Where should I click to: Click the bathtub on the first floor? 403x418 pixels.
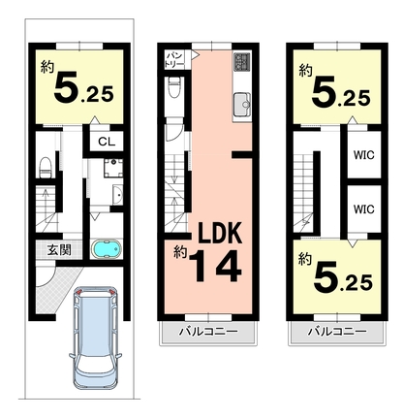point(107,249)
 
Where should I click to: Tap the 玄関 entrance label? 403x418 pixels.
point(59,250)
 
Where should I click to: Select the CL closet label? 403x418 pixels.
point(107,142)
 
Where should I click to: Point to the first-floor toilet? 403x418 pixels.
point(46,167)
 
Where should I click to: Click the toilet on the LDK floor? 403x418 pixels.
point(174,87)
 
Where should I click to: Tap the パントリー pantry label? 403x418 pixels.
point(174,59)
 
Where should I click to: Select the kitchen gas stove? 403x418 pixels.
point(242,61)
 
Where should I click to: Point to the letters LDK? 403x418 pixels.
point(220,234)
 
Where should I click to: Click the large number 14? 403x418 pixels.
point(215,266)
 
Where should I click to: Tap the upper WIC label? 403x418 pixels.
point(364,155)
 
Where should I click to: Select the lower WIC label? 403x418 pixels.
point(364,209)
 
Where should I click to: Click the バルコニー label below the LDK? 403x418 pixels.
point(209,332)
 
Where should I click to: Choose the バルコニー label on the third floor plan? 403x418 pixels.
point(337,332)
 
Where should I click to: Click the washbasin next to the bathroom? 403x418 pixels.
point(117,195)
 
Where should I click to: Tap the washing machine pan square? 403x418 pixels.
point(113,168)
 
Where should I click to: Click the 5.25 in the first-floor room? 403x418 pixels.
point(83,87)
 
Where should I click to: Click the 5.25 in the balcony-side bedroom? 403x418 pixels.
point(343,278)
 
